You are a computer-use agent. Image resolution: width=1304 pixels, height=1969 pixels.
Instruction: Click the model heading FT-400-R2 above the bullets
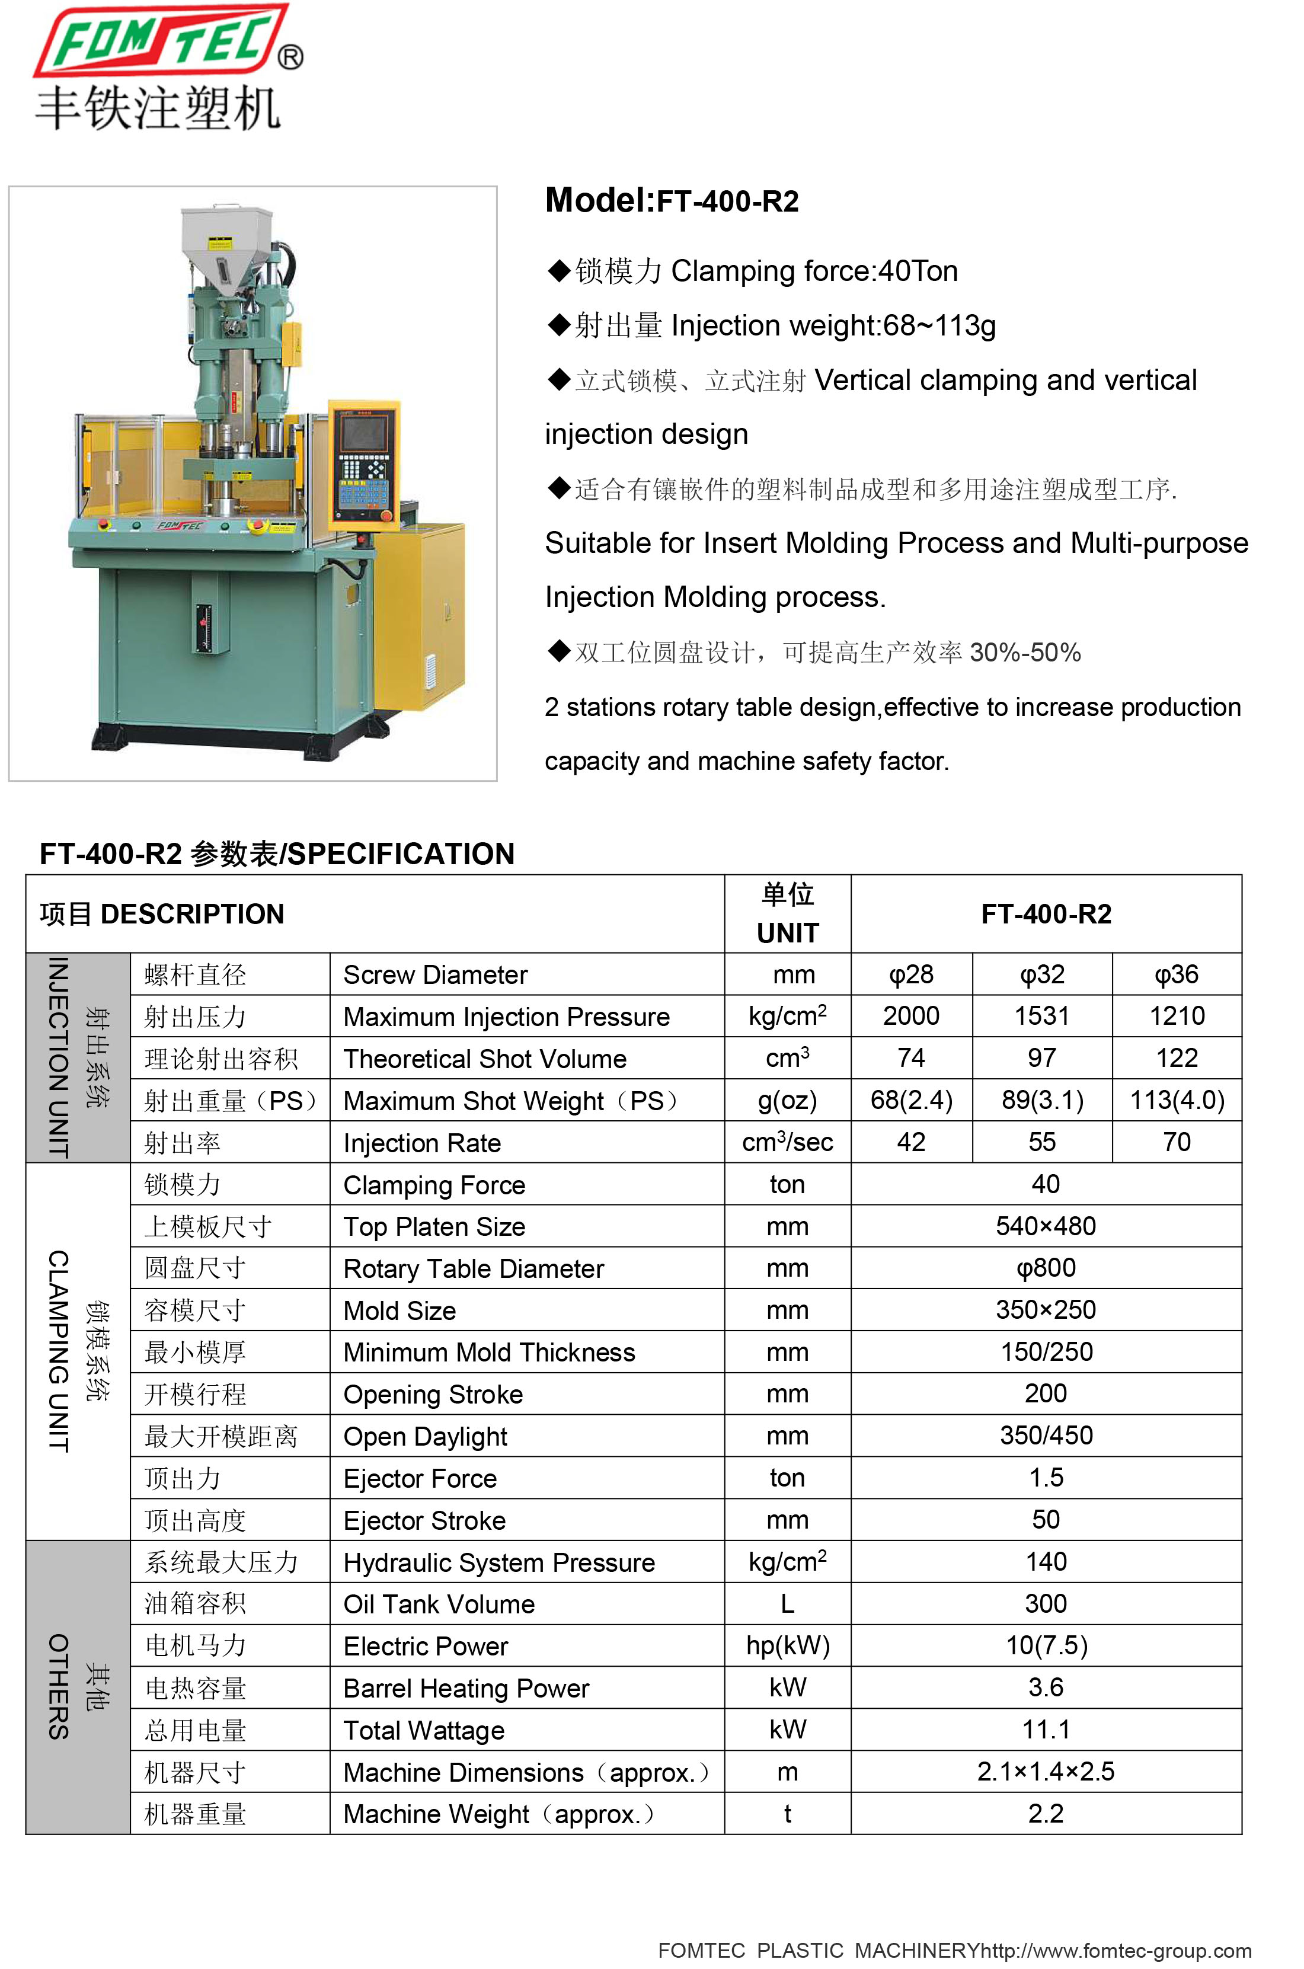tap(671, 201)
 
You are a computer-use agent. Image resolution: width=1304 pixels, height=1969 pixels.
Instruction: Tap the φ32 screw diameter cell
tap(1041, 974)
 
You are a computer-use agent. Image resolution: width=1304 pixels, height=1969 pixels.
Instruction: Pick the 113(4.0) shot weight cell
tap(1176, 1100)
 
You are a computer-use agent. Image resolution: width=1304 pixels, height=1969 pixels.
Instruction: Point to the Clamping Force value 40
tap(1046, 1184)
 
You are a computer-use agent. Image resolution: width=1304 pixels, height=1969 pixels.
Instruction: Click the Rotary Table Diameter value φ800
tap(1046, 1268)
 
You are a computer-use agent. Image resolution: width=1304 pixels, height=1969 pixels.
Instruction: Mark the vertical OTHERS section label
tap(58, 1686)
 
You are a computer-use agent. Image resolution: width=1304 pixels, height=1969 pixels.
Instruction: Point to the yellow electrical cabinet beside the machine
tap(420, 615)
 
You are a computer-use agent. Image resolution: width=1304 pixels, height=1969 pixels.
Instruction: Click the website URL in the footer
tap(1114, 1951)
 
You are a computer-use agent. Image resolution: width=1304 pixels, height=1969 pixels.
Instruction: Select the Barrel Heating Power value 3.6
tap(1046, 1687)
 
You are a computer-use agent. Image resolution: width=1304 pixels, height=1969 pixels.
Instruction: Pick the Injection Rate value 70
tap(1176, 1142)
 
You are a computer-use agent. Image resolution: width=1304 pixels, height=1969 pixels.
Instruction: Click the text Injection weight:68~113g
tap(832, 325)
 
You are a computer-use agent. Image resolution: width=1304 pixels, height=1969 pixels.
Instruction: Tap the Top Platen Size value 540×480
tap(1046, 1226)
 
